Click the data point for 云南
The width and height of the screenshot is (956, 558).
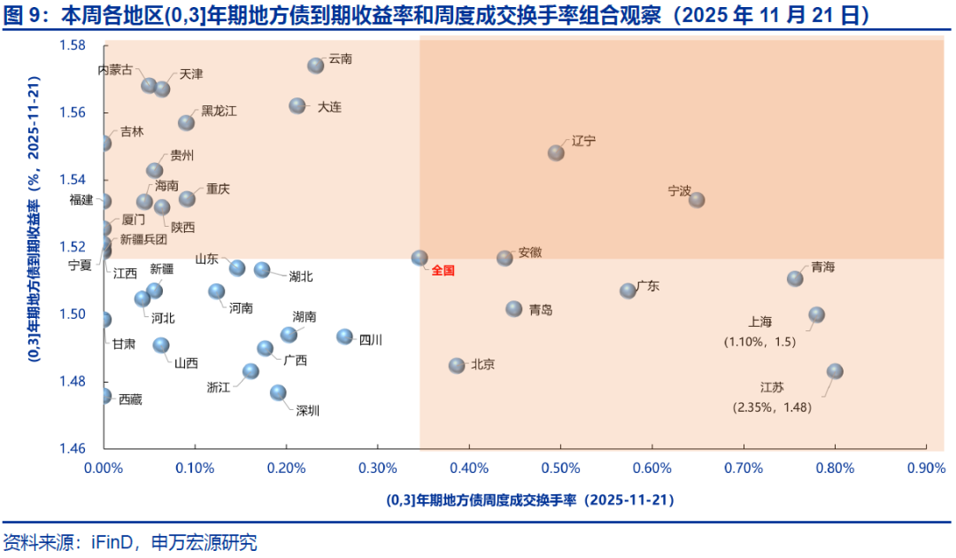(316, 66)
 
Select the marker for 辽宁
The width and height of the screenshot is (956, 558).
(556, 152)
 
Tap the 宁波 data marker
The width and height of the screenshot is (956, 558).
(697, 200)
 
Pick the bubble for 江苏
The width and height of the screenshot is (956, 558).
(835, 371)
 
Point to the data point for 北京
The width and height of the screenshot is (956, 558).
(457, 366)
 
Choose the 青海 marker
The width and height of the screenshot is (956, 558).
(795, 278)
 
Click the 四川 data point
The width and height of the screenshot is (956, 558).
(345, 337)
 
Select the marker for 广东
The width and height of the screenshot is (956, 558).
(628, 291)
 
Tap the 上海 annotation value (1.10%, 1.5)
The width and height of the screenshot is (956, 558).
(759, 341)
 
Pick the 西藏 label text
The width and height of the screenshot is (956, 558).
(130, 399)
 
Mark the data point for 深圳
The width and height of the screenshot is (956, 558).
(278, 392)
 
